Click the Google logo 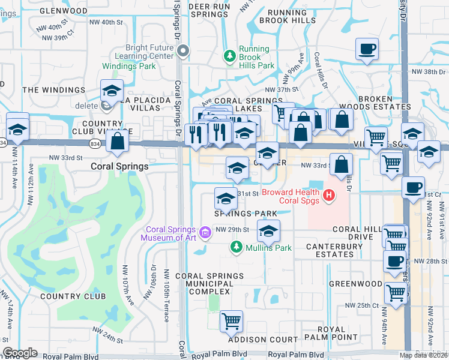20,353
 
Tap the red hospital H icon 328,195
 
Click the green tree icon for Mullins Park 237,247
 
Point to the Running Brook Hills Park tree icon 229,56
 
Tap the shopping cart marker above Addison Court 231,321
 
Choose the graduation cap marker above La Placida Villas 112,90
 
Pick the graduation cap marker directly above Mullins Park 268,230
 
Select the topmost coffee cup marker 367,49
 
